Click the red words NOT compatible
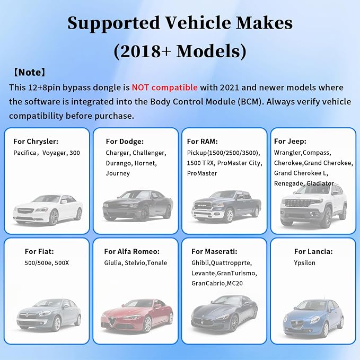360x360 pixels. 164,87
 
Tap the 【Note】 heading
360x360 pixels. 29,72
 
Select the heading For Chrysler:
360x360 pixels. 36,142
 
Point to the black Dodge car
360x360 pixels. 138,206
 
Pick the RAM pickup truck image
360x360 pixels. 226,206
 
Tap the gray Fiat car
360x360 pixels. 49,315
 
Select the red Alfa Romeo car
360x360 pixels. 137,316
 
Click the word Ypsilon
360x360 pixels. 304,263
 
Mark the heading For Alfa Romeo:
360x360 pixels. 132,251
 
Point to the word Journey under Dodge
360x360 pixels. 118,173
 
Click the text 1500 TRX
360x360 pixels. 200,163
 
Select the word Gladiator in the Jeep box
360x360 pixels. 320,183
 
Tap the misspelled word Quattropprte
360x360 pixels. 231,263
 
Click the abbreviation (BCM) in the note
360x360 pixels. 251,102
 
